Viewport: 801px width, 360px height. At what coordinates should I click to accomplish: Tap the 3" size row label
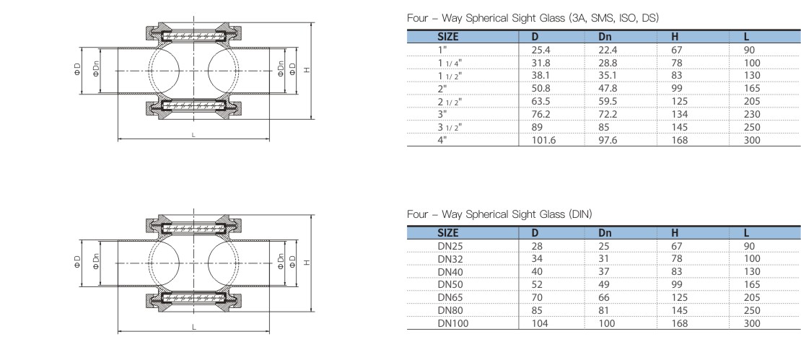[442, 115]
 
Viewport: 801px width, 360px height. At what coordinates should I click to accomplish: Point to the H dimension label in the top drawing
[306, 70]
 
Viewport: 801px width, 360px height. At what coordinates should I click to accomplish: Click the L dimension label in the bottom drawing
[193, 327]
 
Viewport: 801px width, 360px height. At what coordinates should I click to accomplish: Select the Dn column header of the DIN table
[604, 232]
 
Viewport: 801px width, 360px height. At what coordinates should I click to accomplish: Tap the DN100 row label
[452, 322]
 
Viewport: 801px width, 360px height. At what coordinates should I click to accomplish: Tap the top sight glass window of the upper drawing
[193, 34]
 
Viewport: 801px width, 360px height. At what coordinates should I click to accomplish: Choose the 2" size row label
[442, 89]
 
